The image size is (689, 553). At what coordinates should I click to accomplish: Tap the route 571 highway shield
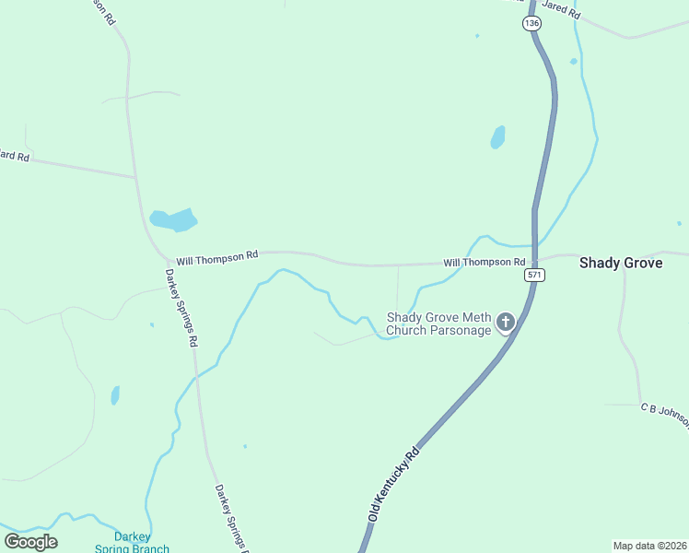[534, 275]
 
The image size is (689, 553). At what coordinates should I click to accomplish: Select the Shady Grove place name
[620, 263]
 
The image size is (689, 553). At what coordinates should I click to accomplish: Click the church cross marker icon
[505, 322]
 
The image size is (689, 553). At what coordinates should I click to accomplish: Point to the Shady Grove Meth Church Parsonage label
[438, 324]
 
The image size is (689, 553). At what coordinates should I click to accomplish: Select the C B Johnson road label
[665, 413]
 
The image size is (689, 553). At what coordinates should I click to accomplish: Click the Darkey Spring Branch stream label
[132, 542]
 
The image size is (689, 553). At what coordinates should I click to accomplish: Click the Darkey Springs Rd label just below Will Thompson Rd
[182, 307]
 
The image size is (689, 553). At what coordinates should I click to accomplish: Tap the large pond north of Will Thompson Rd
[173, 220]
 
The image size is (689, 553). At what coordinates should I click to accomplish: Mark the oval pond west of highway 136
[498, 137]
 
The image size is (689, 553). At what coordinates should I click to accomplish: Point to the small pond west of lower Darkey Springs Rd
[115, 395]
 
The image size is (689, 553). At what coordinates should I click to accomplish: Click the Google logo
[31, 542]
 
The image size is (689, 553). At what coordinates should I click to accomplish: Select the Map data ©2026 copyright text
[649, 546]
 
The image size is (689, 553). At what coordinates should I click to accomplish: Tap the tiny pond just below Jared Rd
[573, 62]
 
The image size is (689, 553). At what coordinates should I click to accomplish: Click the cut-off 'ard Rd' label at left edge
[15, 157]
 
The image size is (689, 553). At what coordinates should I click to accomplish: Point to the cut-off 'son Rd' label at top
[104, 8]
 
